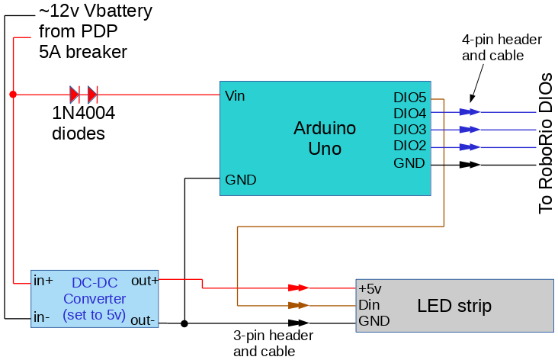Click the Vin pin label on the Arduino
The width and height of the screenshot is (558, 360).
[236, 96]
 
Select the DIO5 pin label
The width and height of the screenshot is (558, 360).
[409, 98]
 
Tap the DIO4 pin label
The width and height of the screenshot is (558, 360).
[409, 114]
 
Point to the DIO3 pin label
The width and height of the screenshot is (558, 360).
[409, 130]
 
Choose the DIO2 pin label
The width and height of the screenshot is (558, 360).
[409, 146]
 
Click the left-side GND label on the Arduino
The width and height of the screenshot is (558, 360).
[241, 180]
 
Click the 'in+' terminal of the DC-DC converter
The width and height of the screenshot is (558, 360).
[44, 280]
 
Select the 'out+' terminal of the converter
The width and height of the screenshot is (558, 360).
[145, 280]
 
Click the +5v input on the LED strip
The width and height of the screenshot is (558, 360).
[370, 289]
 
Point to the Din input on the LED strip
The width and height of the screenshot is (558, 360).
[369, 305]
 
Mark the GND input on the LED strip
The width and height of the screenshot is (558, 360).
[374, 321]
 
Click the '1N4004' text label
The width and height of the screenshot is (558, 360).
[84, 114]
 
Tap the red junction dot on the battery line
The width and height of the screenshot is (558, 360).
[13, 95]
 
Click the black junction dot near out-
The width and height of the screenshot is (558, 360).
[184, 323]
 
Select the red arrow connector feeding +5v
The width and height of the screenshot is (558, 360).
[298, 288]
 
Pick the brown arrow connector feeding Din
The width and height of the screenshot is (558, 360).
[298, 305]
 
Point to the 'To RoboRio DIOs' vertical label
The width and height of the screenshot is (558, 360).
[546, 143]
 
